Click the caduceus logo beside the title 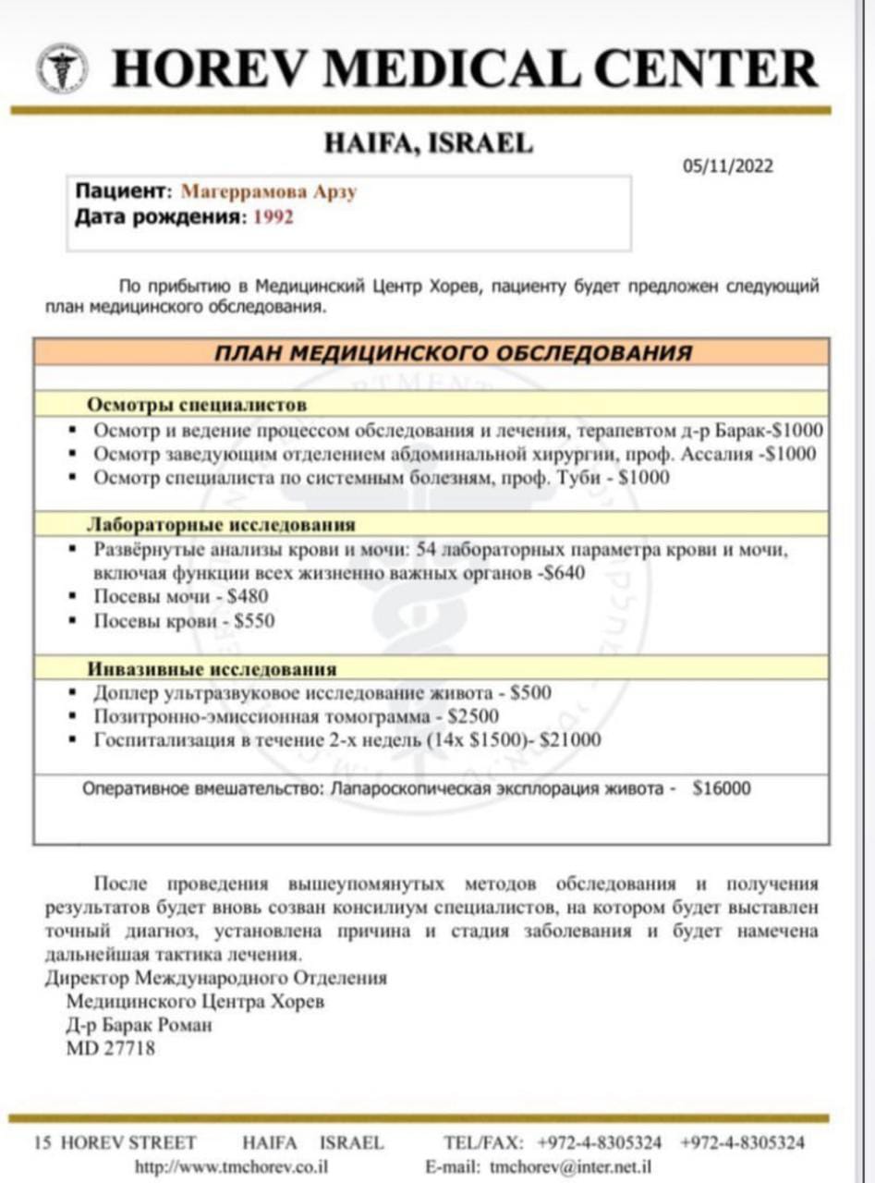63,67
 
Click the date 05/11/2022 728,166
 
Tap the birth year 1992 273,218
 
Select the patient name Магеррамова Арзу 269,192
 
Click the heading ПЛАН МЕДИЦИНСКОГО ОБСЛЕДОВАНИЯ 453,353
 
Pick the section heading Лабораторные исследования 221,525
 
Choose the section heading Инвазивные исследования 212,668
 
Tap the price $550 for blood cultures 254,621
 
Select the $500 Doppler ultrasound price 531,692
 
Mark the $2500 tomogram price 473,716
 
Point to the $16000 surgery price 722,788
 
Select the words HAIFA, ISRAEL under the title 429,143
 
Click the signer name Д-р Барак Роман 139,1025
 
